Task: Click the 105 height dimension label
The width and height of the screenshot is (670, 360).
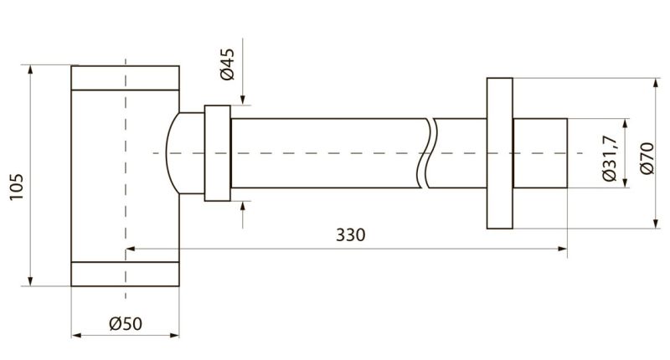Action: point(16,187)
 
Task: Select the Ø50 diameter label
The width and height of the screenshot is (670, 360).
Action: point(126,323)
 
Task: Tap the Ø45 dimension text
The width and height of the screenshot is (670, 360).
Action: point(228,64)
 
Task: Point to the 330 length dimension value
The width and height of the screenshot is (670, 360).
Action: point(350,235)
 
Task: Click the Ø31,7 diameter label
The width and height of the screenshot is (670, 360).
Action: point(611,158)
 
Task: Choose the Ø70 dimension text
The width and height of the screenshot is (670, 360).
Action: point(647,158)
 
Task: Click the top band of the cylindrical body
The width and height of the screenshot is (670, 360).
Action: point(125,78)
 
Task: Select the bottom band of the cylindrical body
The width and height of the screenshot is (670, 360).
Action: point(125,274)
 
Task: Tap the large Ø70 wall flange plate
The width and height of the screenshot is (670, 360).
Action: point(499,153)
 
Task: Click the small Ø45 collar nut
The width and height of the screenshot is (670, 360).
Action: point(218,153)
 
